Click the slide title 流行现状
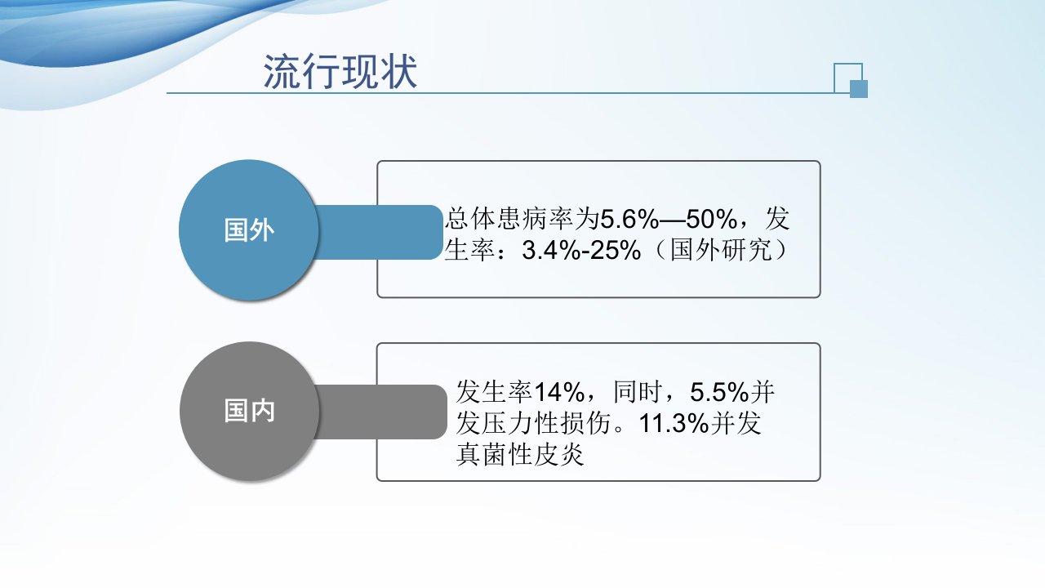tap(340, 71)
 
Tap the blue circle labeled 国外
tap(249, 230)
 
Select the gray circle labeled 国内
tap(250, 411)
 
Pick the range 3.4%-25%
tap(581, 250)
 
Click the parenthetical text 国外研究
tap(722, 250)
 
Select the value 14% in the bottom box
tap(559, 392)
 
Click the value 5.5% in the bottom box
tap(719, 392)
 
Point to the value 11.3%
tap(674, 424)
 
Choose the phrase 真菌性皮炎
tap(520, 455)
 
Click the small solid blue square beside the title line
tap(858, 89)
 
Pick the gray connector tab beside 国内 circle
tap(381, 412)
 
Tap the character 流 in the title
tap(282, 71)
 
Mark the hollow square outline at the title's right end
tap(834, 78)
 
